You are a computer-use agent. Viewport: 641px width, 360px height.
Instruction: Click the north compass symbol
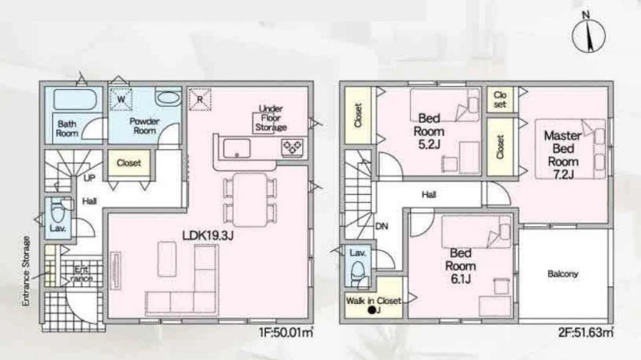[588, 34]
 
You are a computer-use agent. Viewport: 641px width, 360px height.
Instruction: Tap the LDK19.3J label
[208, 235]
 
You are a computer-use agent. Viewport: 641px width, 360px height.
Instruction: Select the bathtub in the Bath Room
[75, 99]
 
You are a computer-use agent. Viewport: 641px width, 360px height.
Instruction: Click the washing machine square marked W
[121, 99]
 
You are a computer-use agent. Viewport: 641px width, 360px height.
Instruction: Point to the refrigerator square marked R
[200, 99]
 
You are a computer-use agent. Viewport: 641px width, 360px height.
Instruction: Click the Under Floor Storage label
[271, 118]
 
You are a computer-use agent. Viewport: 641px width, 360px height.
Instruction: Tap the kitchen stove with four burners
[292, 147]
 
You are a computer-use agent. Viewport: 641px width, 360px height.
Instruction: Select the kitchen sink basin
[236, 148]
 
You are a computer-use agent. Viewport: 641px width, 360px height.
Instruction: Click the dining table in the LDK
[250, 200]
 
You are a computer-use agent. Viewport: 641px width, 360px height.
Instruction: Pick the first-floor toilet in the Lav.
[58, 211]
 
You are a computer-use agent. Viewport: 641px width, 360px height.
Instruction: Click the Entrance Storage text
[26, 271]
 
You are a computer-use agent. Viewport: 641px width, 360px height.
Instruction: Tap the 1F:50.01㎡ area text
[286, 332]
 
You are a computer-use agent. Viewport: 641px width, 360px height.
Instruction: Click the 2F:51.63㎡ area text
[586, 332]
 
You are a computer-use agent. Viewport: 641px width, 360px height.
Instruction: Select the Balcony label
[563, 273]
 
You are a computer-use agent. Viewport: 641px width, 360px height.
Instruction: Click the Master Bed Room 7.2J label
[563, 155]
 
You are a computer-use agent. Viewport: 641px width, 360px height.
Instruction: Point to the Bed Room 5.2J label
[429, 131]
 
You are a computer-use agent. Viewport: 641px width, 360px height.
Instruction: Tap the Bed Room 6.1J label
[460, 266]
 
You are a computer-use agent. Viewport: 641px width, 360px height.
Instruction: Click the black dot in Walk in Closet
[372, 310]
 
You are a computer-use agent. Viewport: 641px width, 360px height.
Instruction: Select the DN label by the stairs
[381, 226]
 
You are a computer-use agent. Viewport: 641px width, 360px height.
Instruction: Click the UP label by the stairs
[90, 177]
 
